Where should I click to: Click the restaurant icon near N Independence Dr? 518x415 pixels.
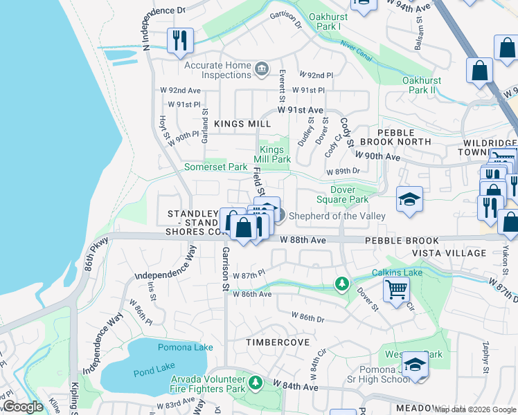click(180, 40)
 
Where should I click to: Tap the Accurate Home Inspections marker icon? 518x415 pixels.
click(262, 67)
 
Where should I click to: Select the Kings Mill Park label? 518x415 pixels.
click(275, 154)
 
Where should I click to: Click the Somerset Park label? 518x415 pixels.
click(215, 167)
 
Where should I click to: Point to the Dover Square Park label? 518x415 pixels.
click(348, 194)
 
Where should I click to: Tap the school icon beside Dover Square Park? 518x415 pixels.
click(409, 199)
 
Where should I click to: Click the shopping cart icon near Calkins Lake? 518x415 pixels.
click(395, 290)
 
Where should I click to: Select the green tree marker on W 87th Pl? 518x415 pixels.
click(341, 284)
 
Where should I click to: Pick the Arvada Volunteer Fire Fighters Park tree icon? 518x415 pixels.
click(256, 382)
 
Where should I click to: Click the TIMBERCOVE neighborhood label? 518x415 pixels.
click(275, 342)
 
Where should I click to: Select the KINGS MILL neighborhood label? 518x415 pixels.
click(242, 124)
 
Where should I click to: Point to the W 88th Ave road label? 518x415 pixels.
click(303, 240)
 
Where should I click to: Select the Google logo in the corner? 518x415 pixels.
click(23, 407)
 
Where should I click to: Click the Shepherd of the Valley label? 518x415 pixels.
click(337, 216)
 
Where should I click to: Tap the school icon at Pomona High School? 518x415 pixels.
click(415, 364)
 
